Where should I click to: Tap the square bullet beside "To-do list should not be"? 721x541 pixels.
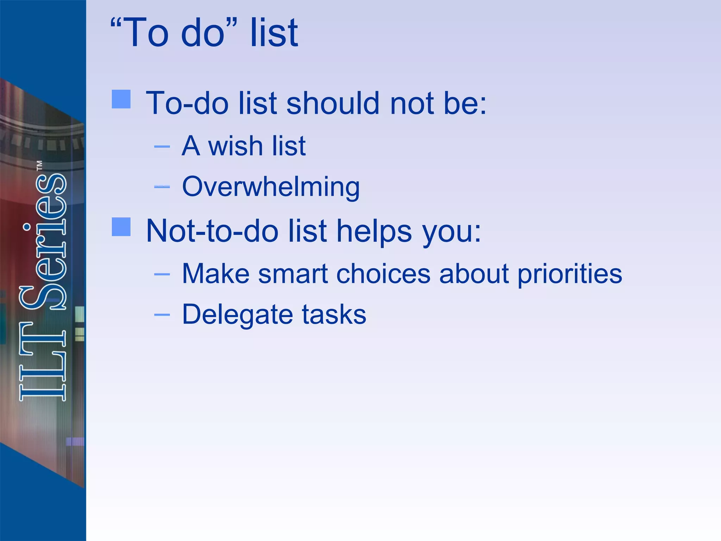click(x=121, y=99)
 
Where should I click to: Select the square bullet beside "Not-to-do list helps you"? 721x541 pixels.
click(x=121, y=226)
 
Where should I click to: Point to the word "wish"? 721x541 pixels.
click(x=235, y=146)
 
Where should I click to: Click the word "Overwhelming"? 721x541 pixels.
click(x=271, y=186)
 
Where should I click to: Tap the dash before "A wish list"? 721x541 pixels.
click(x=162, y=146)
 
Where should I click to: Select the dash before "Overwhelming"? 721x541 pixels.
click(x=162, y=187)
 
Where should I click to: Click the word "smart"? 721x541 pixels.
click(x=293, y=274)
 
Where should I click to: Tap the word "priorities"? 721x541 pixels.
click(x=569, y=274)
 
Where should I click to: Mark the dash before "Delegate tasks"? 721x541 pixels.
click(x=162, y=314)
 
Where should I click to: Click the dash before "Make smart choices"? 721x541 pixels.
click(x=162, y=274)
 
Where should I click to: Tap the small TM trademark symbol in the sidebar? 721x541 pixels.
click(x=39, y=166)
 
